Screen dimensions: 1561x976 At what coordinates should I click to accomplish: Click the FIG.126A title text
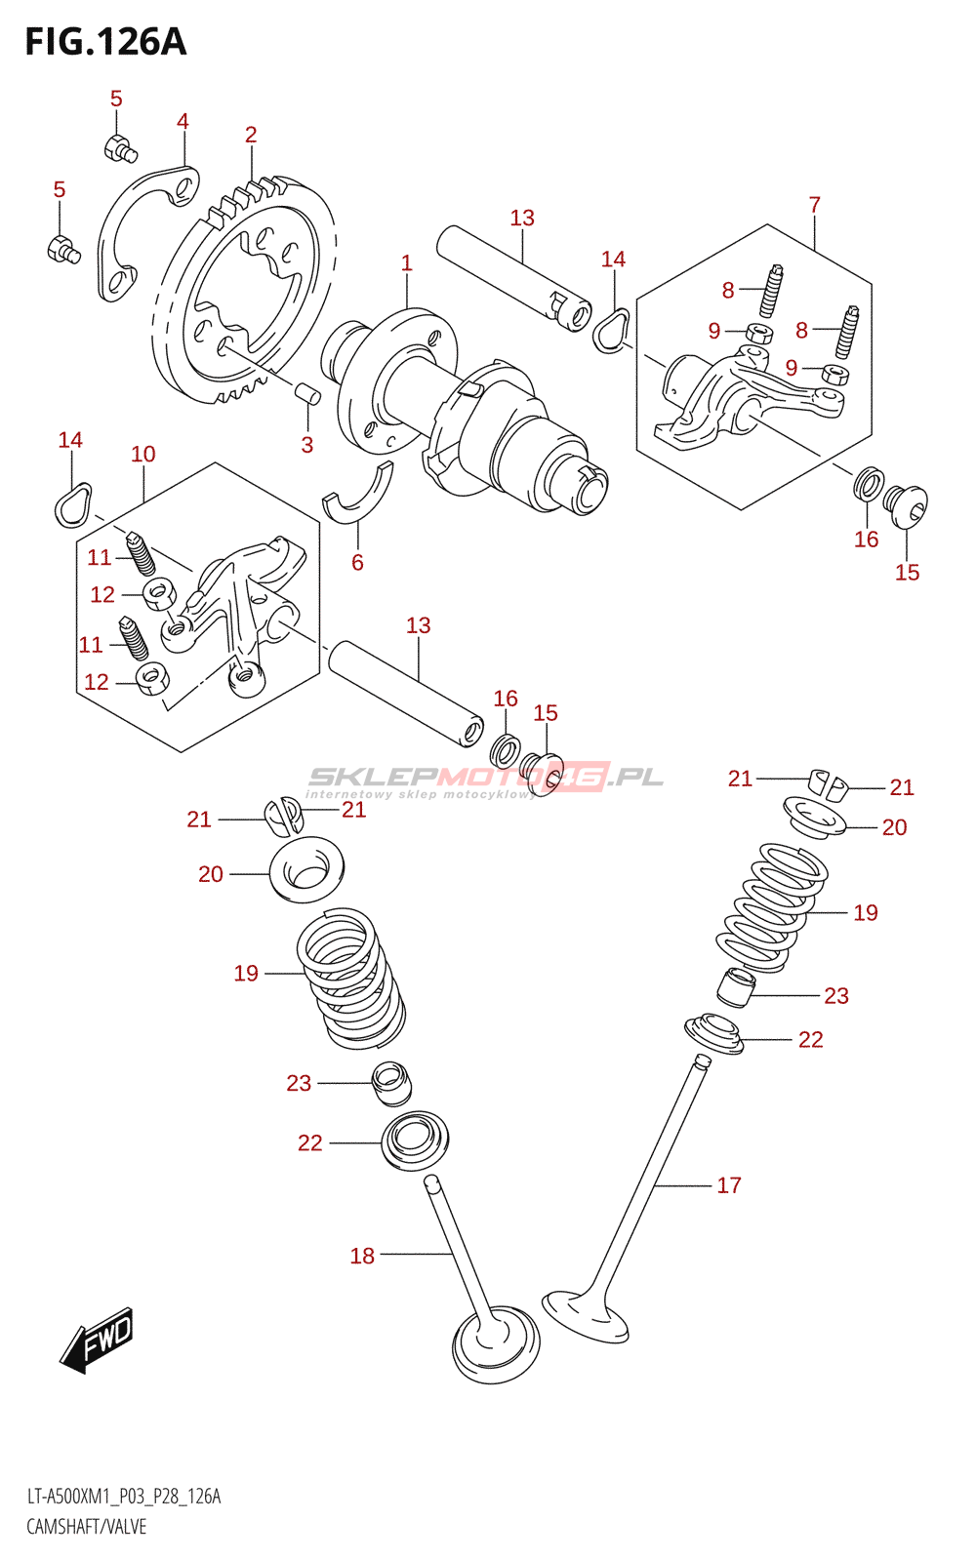point(105,42)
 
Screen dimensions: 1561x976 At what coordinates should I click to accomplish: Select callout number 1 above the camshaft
point(406,262)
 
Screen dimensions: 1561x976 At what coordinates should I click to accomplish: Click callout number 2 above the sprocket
point(251,135)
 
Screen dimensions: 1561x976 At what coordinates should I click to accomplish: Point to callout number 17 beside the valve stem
point(729,1185)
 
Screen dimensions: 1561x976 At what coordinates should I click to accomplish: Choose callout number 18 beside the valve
point(362,1256)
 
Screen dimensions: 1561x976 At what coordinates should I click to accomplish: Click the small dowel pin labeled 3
point(308,394)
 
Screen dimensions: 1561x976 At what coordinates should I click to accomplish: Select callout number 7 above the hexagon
point(814,205)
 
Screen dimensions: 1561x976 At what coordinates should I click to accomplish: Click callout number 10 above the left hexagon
point(143,454)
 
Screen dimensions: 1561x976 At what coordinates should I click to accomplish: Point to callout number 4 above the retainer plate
point(183,121)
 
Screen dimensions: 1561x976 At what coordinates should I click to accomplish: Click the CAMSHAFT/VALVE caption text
point(86,1526)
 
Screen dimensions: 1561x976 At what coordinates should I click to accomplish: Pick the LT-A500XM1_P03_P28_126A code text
point(124,1497)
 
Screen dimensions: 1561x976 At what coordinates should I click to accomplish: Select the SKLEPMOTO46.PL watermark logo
point(485,778)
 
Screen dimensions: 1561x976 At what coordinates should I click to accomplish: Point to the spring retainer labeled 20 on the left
point(305,867)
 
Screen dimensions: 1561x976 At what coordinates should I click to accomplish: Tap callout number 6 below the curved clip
point(357,562)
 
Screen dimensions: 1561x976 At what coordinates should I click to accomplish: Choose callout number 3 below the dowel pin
point(306,445)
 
